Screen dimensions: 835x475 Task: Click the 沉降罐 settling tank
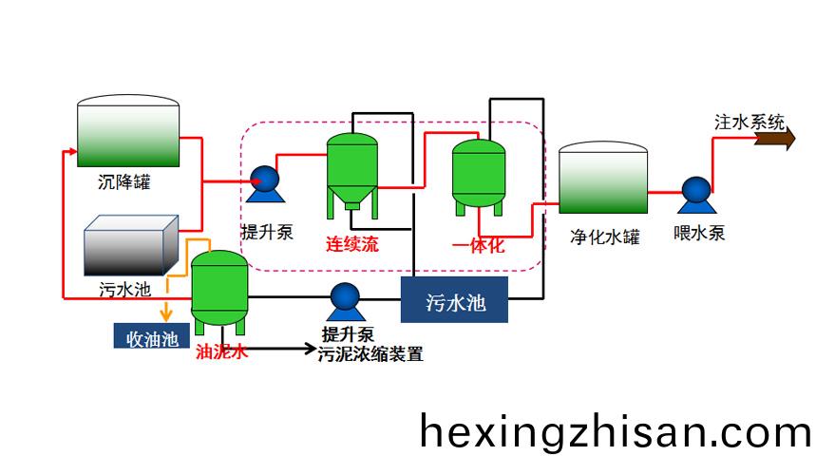coord(128,131)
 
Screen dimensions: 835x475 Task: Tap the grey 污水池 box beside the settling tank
coord(131,245)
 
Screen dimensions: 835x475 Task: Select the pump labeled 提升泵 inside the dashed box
coord(265,184)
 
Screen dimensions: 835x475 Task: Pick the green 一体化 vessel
coord(478,177)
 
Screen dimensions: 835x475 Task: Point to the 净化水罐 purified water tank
coord(603,178)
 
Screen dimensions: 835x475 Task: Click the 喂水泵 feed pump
coord(696,195)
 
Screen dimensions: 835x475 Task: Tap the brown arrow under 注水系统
coord(775,139)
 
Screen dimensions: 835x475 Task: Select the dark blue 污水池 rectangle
coord(454,300)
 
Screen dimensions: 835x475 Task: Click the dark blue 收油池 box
coord(152,336)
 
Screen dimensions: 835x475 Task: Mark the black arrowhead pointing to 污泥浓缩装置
coord(310,349)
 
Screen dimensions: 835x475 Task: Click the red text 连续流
coord(352,244)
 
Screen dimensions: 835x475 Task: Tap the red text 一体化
coord(478,245)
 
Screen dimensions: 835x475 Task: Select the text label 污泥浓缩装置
coord(370,354)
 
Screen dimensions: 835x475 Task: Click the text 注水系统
coord(750,122)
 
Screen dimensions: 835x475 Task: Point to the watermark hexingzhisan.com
coord(615,430)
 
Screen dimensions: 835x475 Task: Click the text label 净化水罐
coord(604,237)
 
